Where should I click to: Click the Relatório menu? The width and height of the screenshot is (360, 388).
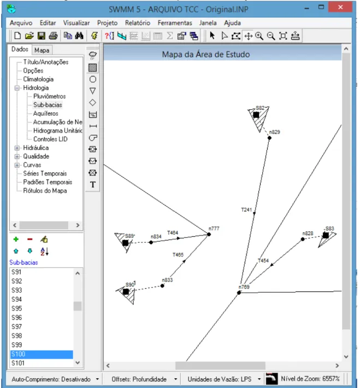click(138, 23)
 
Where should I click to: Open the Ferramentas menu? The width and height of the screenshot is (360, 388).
click(175, 23)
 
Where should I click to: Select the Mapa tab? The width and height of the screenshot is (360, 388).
click(42, 50)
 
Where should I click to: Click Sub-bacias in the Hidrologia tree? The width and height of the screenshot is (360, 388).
click(48, 105)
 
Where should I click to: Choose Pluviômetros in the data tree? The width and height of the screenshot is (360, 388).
click(50, 96)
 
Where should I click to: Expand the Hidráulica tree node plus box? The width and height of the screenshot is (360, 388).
click(17, 148)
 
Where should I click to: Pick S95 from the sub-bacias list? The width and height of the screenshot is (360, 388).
click(17, 308)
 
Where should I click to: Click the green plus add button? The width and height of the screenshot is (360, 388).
click(16, 239)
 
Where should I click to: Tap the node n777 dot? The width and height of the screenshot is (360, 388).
click(209, 234)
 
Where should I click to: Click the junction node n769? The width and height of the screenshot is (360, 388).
click(239, 293)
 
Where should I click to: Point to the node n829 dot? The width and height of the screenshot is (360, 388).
click(269, 138)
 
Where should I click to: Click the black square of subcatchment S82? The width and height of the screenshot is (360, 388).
click(256, 115)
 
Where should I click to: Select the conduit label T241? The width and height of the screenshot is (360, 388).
click(246, 210)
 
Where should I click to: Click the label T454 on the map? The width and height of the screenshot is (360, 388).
click(263, 260)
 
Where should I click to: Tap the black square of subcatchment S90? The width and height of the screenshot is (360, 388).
click(126, 292)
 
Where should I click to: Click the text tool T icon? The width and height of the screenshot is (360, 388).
click(93, 184)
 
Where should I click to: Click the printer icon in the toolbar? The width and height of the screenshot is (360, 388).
click(54, 36)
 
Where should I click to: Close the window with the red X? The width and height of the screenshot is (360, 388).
click(340, 7)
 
